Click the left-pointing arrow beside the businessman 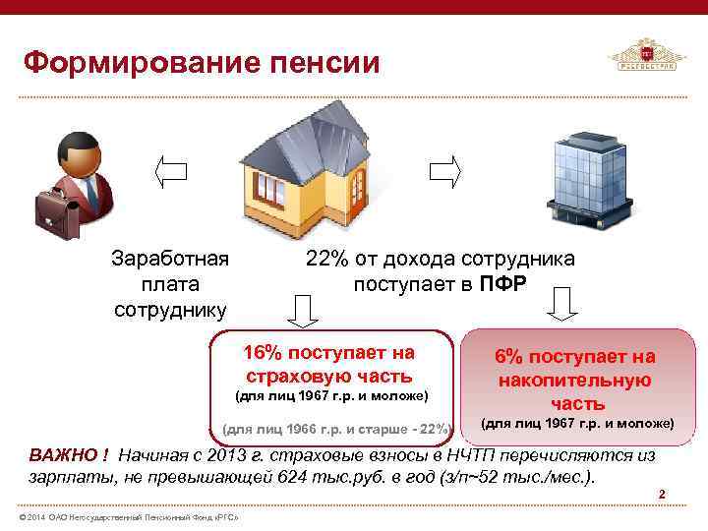pyautogui.click(x=172, y=171)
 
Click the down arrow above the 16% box pyautogui.click(x=303, y=309)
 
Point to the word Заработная pyautogui.click(x=170, y=260)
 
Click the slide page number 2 pyautogui.click(x=662, y=494)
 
